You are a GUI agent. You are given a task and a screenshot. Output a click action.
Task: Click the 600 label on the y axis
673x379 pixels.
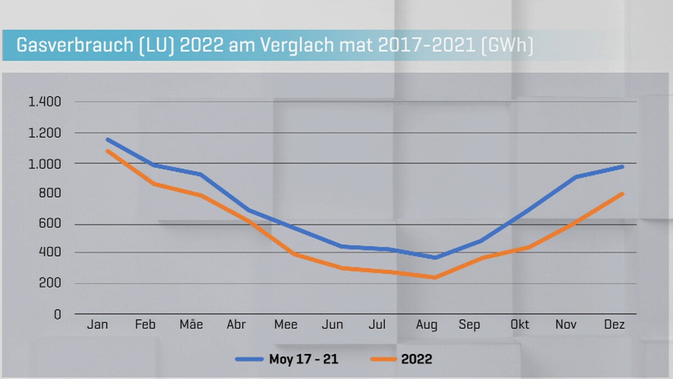(49, 224)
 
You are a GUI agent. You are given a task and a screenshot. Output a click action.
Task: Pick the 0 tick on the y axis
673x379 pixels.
(57, 314)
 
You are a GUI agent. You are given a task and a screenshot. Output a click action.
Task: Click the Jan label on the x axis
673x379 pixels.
(97, 325)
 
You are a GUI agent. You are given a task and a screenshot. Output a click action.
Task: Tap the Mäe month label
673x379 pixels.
(191, 325)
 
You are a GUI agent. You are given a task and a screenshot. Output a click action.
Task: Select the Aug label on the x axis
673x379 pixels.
(427, 325)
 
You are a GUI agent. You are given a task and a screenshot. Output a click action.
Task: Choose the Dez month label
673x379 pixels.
(614, 325)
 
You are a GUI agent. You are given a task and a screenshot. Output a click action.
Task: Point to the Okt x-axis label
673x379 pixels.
(520, 325)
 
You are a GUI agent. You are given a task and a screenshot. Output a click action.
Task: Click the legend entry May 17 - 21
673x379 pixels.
(304, 360)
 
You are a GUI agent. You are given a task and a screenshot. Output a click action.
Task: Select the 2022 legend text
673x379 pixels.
(417, 360)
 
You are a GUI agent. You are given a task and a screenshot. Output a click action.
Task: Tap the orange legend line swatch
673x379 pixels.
(383, 360)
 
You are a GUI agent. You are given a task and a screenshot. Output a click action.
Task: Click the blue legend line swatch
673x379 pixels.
(250, 360)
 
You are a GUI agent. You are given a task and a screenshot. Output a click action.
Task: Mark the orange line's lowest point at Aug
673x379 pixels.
(434, 277)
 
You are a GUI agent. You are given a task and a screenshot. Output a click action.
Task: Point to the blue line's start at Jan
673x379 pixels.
(107, 139)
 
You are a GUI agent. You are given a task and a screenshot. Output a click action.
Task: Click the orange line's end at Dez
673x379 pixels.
(622, 193)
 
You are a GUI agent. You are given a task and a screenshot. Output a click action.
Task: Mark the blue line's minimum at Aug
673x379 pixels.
(434, 257)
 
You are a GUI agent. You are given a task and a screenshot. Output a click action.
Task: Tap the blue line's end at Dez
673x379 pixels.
(622, 166)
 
